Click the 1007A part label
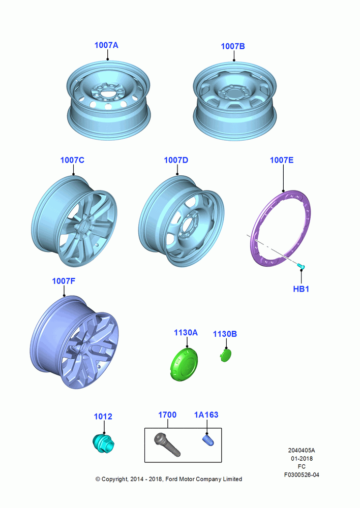click(106, 45)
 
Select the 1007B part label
click(232, 46)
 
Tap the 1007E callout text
click(282, 160)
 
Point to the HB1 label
click(301, 289)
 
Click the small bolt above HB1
click(301, 266)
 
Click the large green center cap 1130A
click(184, 364)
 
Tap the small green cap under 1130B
click(225, 356)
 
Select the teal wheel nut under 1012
click(103, 443)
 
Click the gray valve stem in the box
click(167, 444)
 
